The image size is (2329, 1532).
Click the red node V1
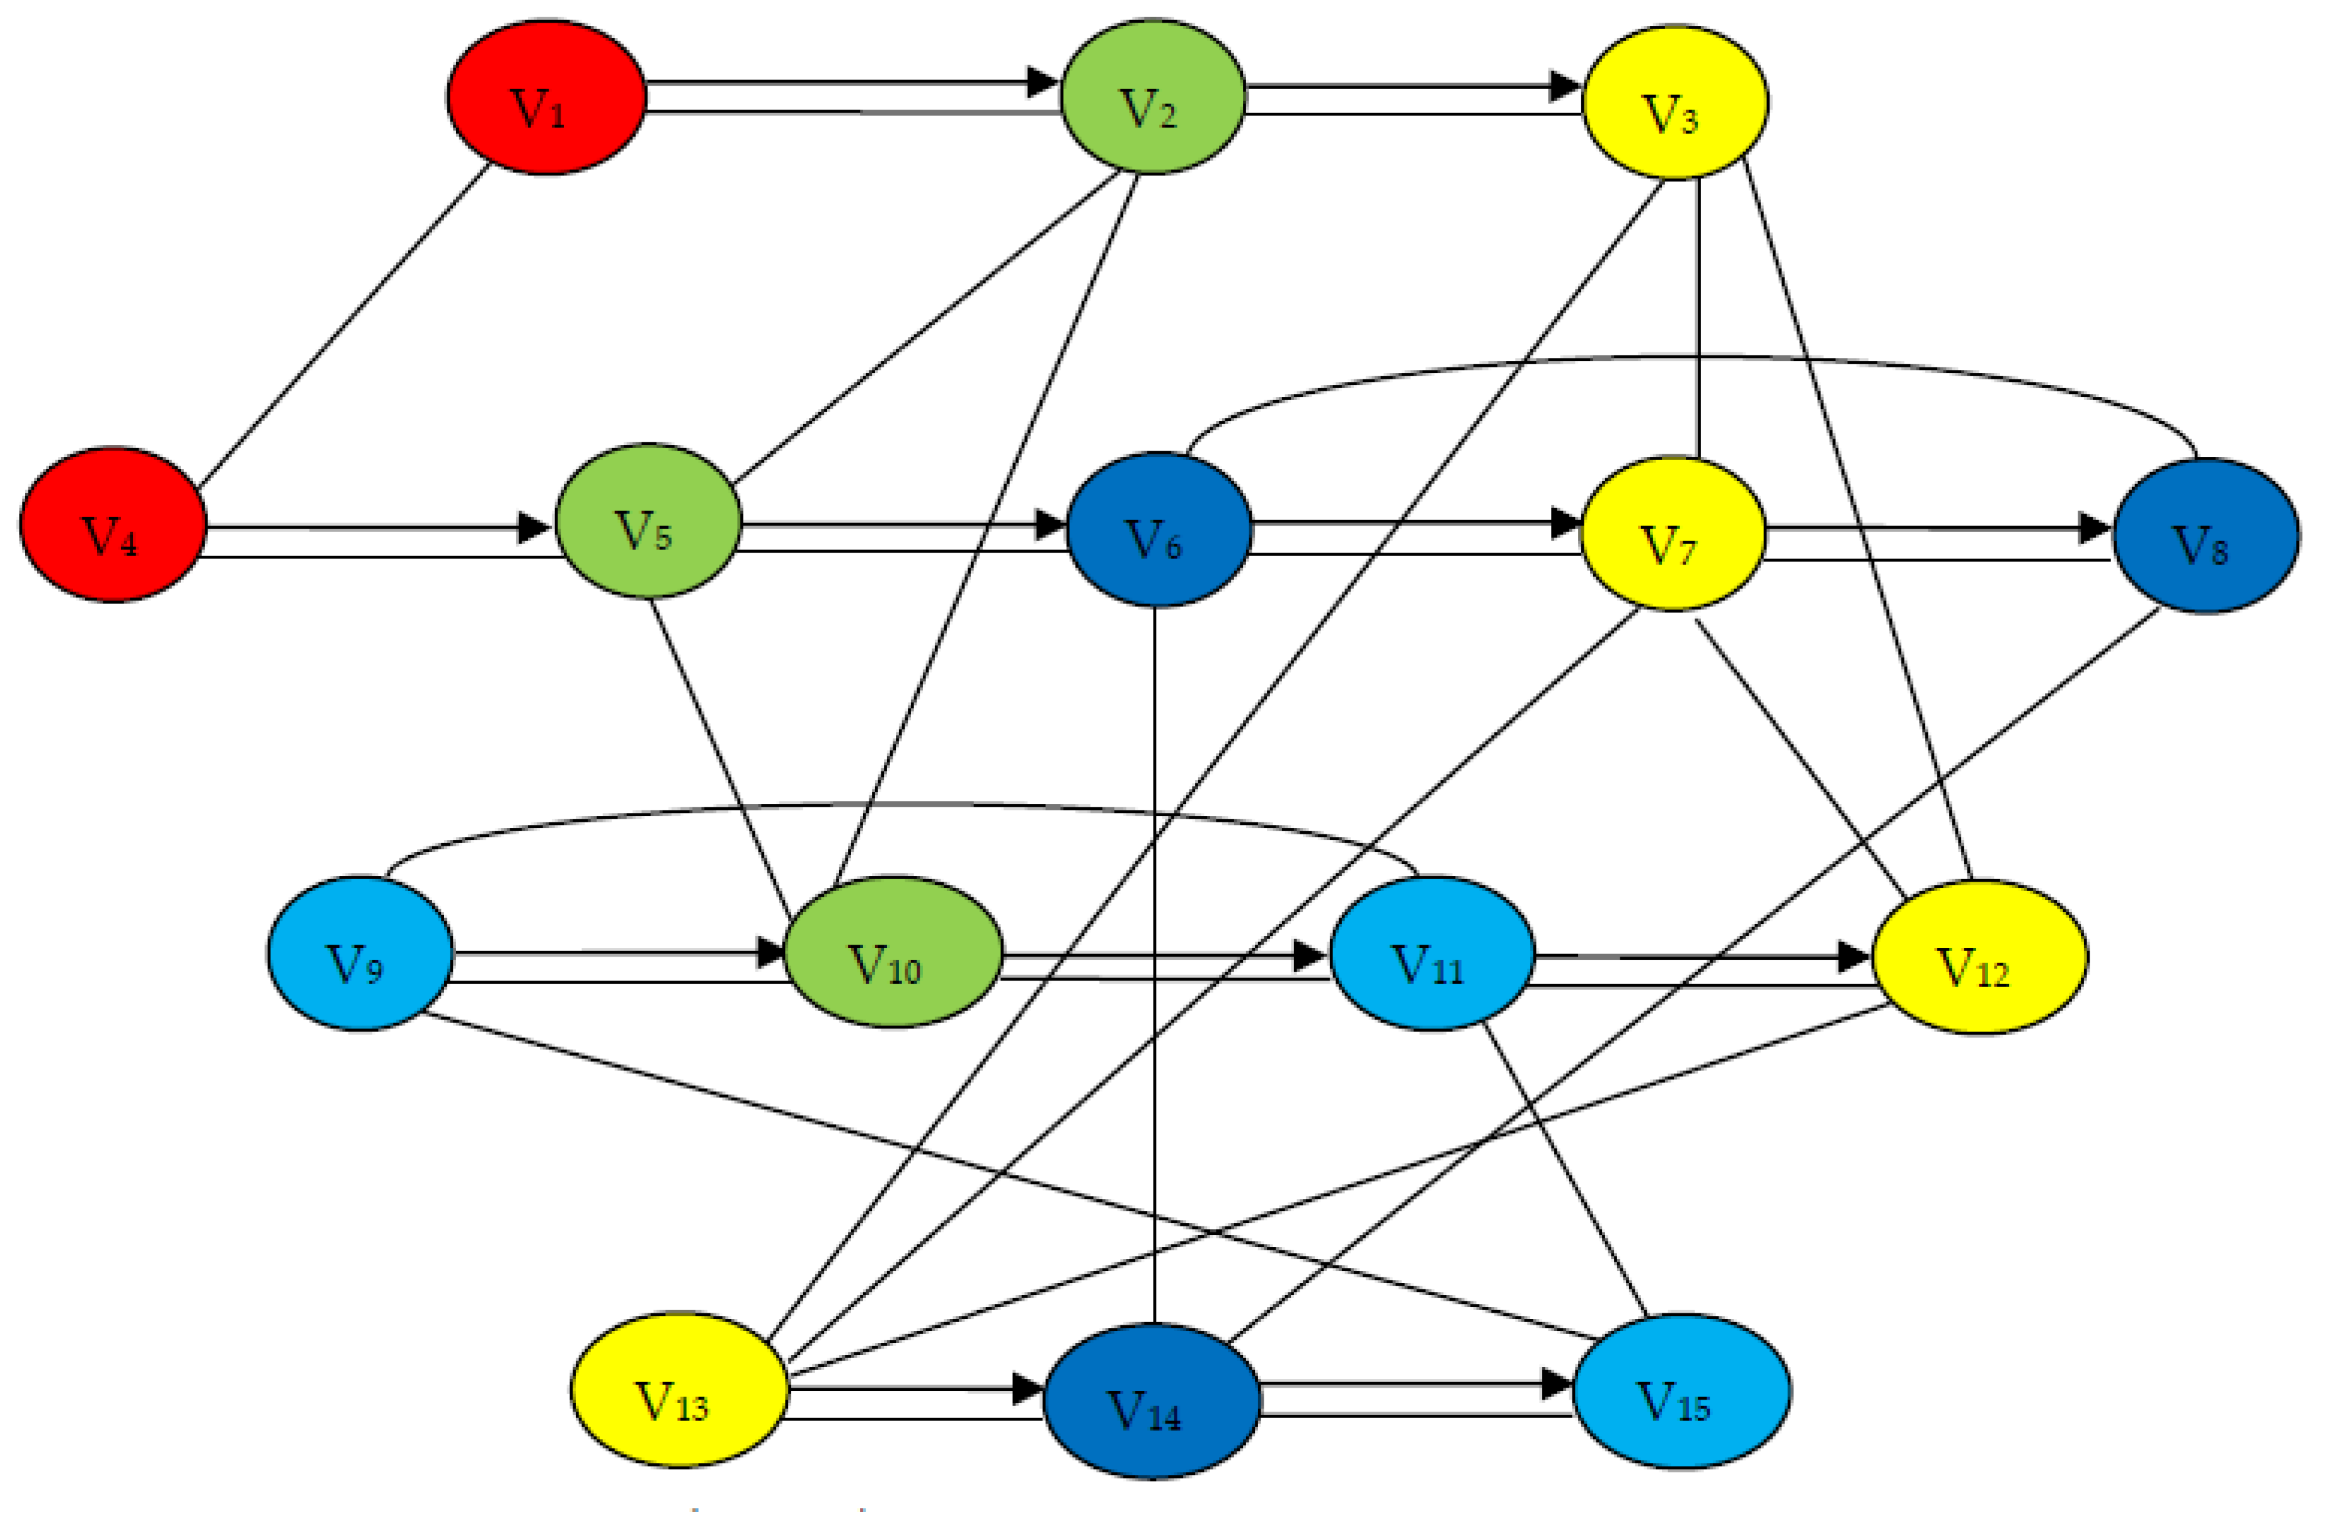pos(546,98)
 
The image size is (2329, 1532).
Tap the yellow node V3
pos(1675,103)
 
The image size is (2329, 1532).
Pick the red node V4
pos(113,525)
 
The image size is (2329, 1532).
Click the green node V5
pos(648,521)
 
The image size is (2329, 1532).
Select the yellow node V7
pos(1673,534)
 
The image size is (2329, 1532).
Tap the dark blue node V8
pos(2206,536)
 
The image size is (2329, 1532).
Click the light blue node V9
pos(360,953)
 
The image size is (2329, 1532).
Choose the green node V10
pos(893,952)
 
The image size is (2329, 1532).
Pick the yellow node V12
pos(1979,957)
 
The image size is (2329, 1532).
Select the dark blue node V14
pos(1152,1401)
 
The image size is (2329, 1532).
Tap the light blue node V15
pos(1681,1391)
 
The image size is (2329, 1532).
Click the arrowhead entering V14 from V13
pos(1027,1388)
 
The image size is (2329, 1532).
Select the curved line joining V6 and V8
pos(1693,357)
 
